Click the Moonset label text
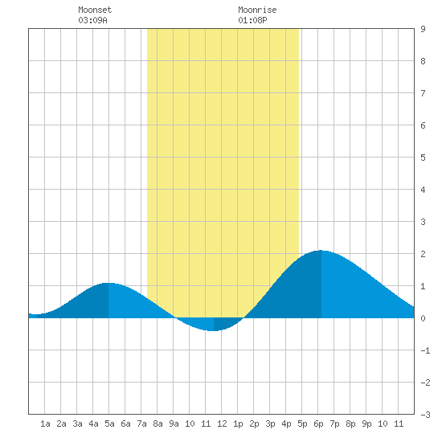tap(95, 10)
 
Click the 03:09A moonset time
tap(92, 20)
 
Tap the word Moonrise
tap(257, 10)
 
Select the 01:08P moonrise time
tap(252, 20)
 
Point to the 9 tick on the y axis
tap(423, 29)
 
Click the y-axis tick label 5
tap(423, 158)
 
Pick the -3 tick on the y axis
tap(425, 415)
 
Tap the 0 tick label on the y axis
tap(423, 318)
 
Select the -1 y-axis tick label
tap(425, 350)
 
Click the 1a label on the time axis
tap(45, 424)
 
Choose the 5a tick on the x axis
tap(109, 424)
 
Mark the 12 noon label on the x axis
tap(222, 424)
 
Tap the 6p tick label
tap(318, 424)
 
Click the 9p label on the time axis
tap(366, 424)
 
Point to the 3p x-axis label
tap(270, 424)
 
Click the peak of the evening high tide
tap(321, 250)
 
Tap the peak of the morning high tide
tap(108, 283)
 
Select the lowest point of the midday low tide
tap(214, 330)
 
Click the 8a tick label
tap(158, 424)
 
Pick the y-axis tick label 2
tap(423, 254)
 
